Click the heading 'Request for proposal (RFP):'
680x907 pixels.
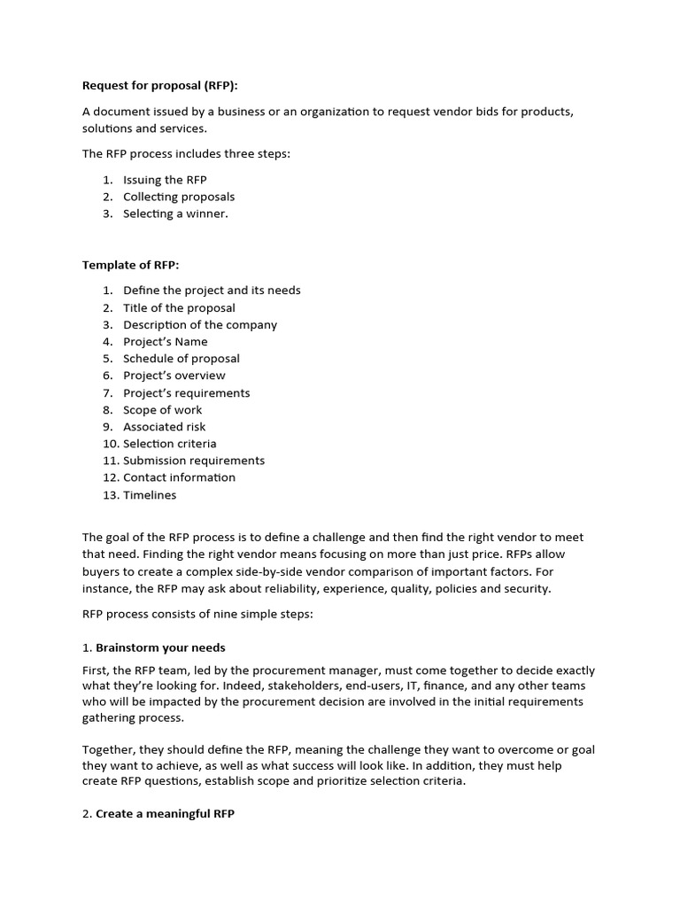[x=160, y=86]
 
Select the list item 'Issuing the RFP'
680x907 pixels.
[x=165, y=180]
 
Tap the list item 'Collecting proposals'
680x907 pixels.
[x=179, y=197]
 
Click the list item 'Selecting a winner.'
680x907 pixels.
[x=175, y=213]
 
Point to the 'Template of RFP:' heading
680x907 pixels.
[x=130, y=265]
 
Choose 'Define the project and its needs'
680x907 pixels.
[x=212, y=291]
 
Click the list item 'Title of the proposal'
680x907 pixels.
[x=179, y=308]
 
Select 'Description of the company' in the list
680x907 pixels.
[x=200, y=325]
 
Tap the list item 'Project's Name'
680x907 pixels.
[x=166, y=342]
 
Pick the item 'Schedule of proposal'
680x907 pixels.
[x=182, y=359]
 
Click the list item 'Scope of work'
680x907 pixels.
[x=163, y=410]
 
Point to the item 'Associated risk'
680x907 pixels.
[x=165, y=427]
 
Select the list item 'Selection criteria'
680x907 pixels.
[x=170, y=444]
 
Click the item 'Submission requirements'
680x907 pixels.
[x=194, y=461]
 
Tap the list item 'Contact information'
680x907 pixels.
[x=180, y=477]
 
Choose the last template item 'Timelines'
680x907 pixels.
[x=150, y=495]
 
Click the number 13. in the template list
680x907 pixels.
[x=110, y=495]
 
